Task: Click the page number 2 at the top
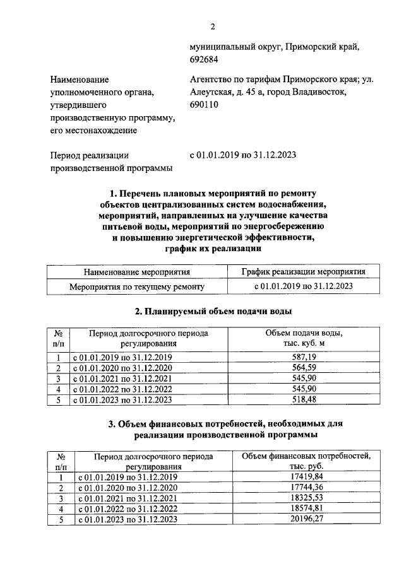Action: pos(213,26)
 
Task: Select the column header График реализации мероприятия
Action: pos(303,273)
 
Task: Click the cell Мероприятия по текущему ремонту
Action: pos(137,286)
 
